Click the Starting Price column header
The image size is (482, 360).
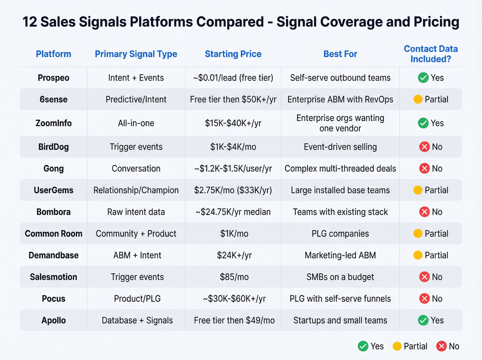233,54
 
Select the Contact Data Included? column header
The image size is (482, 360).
430,54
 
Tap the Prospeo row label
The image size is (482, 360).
53,78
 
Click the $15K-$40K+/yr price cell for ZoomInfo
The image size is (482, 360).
233,123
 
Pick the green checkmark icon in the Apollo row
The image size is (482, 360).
423,320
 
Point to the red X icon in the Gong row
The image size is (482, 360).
425,168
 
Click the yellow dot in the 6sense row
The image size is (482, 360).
418,100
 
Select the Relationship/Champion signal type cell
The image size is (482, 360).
136,190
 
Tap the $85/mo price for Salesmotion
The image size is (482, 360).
234,277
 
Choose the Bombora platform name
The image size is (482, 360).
53,212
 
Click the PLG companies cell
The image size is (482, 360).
340,234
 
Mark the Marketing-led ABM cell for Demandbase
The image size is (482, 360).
340,255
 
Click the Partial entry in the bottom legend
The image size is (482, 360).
410,346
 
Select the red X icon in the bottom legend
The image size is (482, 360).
441,346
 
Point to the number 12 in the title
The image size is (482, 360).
30,22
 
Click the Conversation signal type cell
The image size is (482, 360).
136,168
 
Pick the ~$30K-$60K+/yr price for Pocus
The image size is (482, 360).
234,299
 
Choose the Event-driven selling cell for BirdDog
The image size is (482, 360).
340,147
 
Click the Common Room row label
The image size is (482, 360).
53,234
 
